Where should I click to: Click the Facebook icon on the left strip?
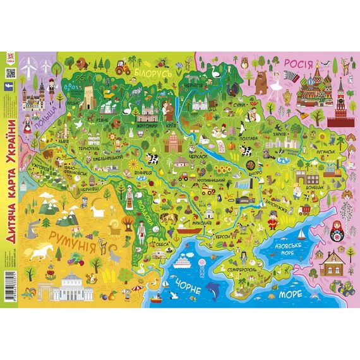(10, 90)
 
